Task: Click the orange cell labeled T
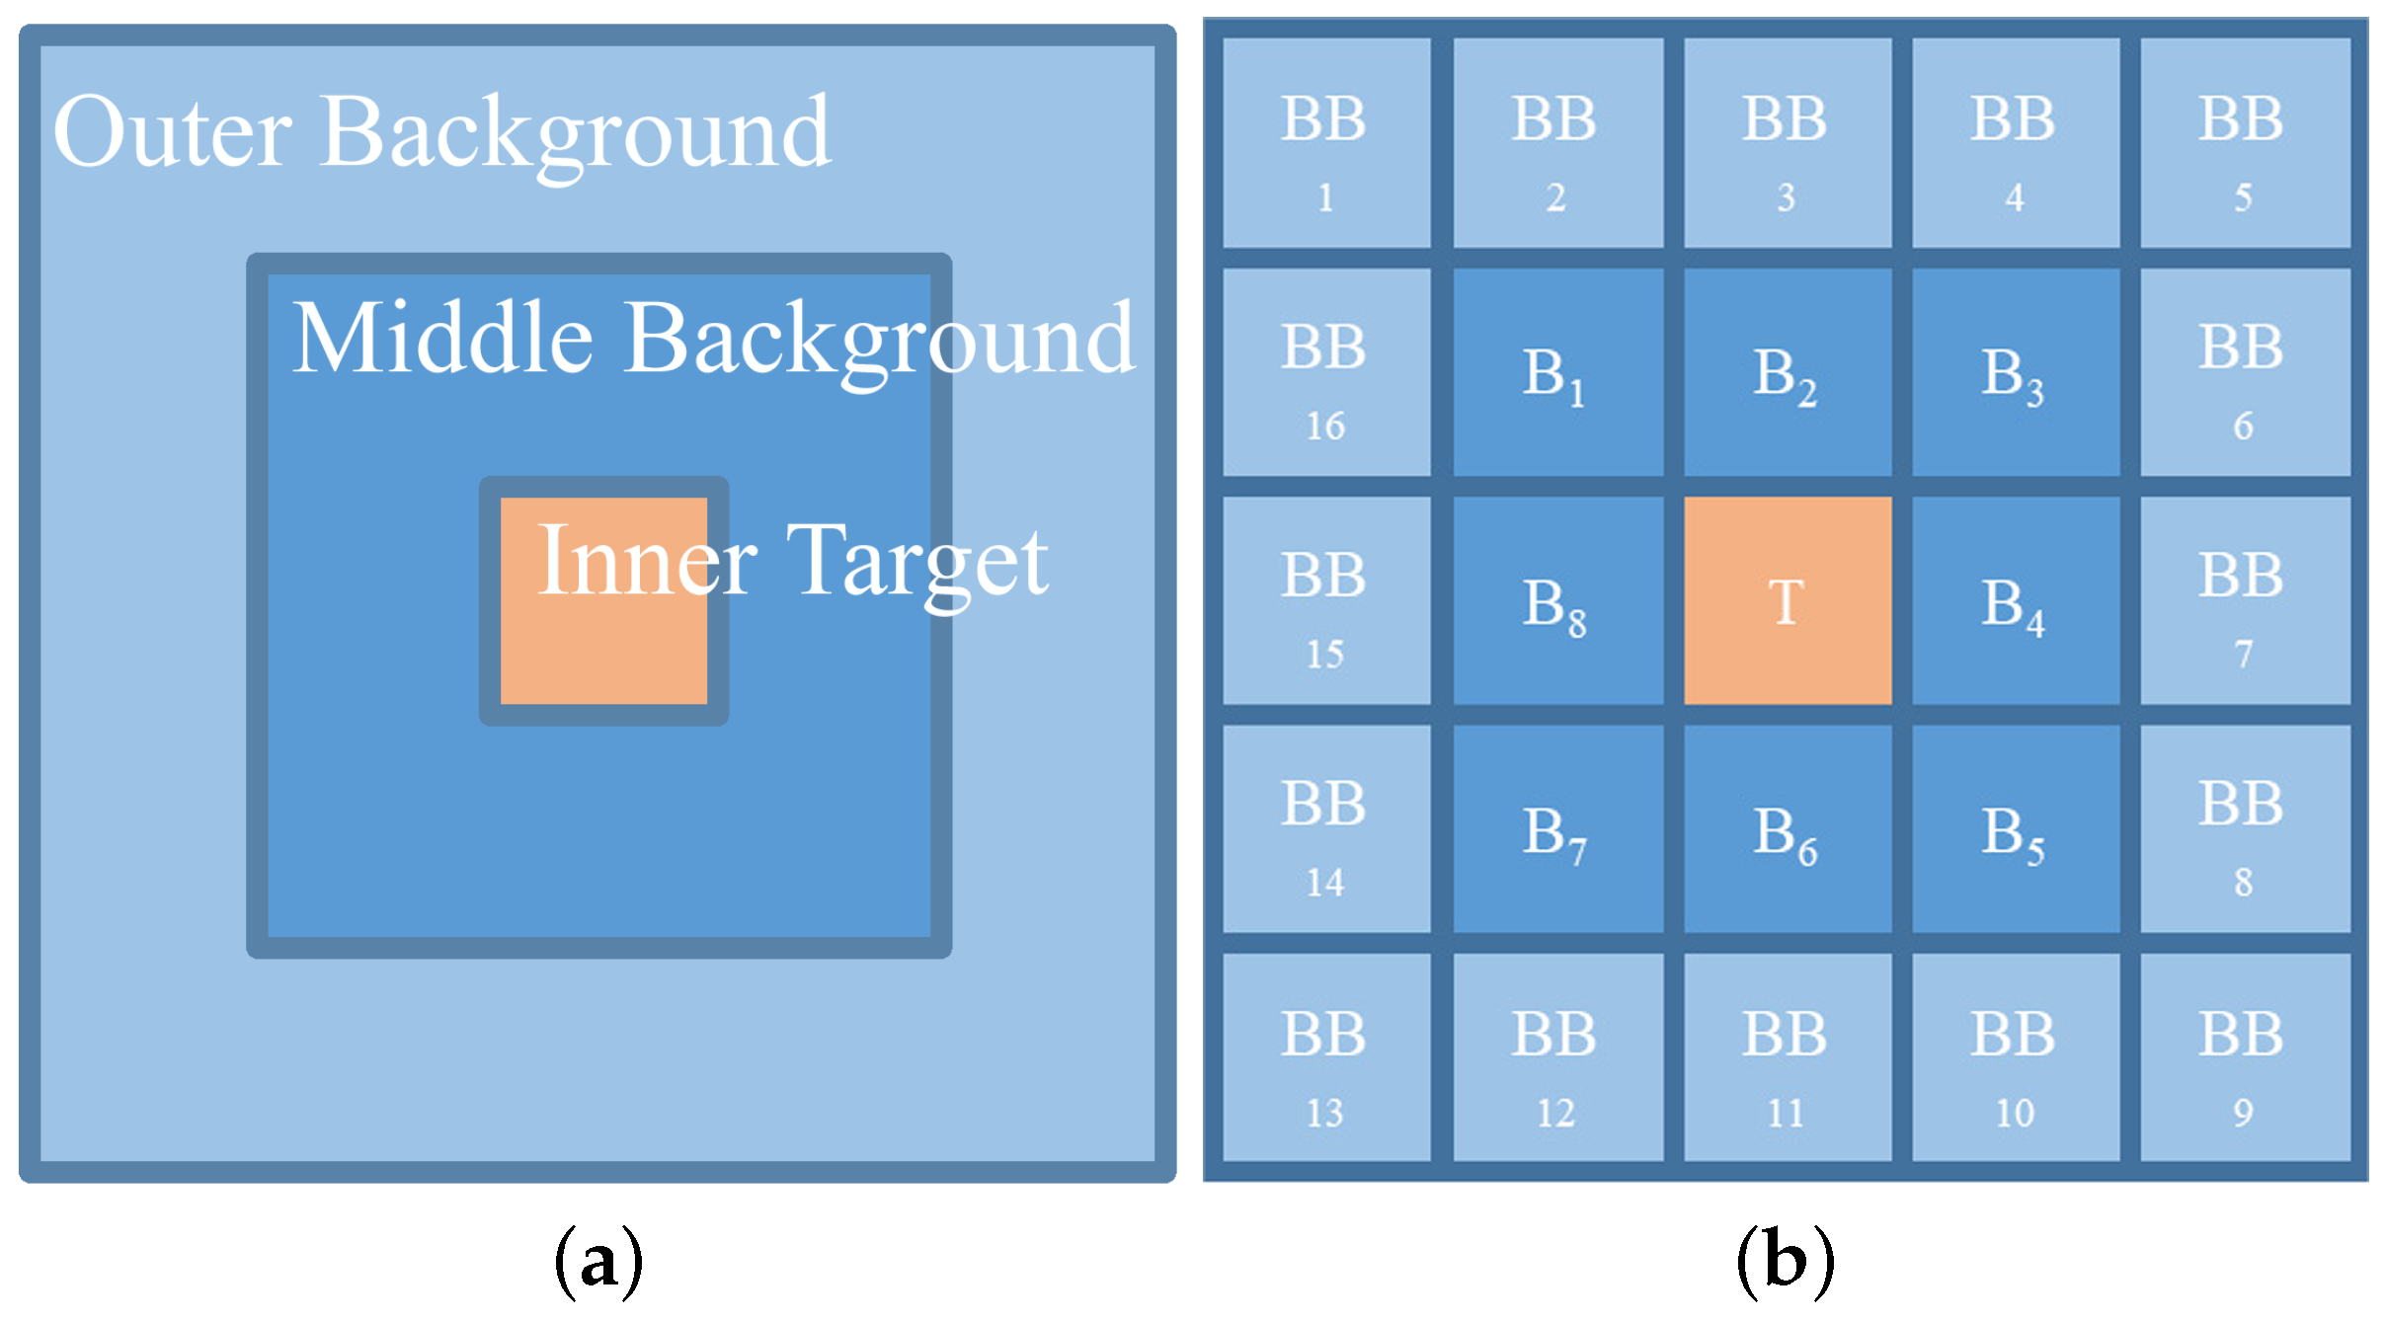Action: click(1787, 600)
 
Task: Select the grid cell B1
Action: click(1556, 372)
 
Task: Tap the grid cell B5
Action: click(2015, 829)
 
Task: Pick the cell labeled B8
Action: click(1556, 600)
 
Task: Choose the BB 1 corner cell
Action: click(1325, 143)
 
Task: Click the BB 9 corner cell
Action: click(2244, 1057)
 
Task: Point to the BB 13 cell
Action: click(1325, 1057)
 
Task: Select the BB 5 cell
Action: click(2244, 143)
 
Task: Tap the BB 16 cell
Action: click(1325, 372)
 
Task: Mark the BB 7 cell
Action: click(2244, 600)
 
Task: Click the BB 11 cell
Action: click(1787, 1057)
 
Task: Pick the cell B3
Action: click(2015, 372)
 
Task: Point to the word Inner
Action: click(647, 562)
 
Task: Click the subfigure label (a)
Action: click(598, 1262)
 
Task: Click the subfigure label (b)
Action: click(1786, 1262)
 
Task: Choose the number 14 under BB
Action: click(1325, 882)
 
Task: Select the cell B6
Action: click(1787, 829)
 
